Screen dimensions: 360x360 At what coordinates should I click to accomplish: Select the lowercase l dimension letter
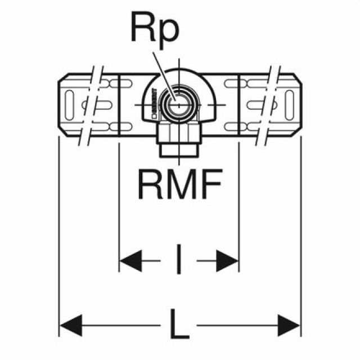tap(179, 260)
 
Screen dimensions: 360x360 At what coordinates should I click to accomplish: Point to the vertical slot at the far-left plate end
tap(71, 104)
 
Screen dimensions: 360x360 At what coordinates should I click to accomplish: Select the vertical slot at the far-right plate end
tap(288, 104)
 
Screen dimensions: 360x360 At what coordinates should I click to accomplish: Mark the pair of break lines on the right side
tap(267, 104)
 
